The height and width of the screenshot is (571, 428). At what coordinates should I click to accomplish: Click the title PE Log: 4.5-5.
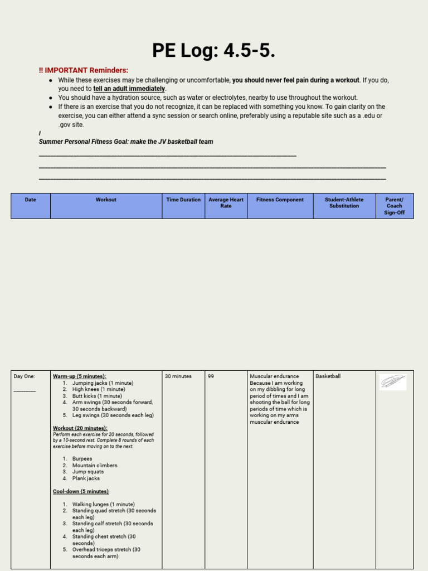[213, 51]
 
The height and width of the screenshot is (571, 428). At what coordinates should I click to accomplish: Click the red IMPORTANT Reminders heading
[84, 70]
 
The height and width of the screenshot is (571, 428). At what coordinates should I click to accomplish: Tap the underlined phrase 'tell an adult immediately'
[129, 89]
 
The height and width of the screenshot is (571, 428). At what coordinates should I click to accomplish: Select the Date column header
[31, 200]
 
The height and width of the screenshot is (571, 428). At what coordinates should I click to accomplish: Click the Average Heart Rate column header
[226, 203]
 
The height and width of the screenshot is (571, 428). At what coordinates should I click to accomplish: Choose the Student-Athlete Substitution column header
[344, 203]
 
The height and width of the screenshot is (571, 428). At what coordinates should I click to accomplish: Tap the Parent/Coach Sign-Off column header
[394, 206]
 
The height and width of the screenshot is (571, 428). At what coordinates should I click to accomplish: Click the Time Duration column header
[183, 200]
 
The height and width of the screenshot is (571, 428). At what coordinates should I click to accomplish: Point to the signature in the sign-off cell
[393, 382]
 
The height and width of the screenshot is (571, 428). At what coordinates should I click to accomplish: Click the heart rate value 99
[211, 376]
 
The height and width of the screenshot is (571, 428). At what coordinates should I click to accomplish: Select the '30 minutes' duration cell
[178, 376]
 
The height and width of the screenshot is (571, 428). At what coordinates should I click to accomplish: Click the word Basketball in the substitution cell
[328, 376]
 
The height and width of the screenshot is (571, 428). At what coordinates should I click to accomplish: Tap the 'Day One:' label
[24, 376]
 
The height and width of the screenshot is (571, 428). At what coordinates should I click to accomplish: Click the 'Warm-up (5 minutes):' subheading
[79, 376]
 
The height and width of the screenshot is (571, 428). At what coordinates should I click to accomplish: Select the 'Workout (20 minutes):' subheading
[80, 428]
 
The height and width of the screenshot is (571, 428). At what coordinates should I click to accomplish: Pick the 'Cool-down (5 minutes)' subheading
[80, 491]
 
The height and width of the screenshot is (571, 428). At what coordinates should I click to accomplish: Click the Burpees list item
[82, 459]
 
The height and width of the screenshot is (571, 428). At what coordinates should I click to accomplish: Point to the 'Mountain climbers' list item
[95, 466]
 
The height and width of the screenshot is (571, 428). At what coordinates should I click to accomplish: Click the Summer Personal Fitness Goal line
[126, 142]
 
